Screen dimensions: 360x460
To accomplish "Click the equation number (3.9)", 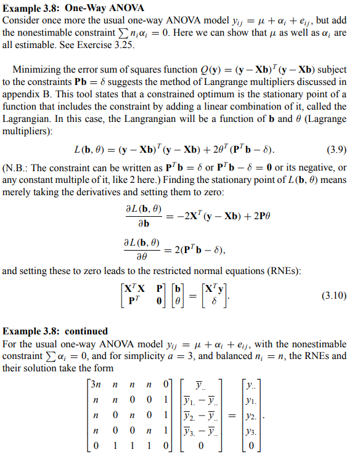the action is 333,149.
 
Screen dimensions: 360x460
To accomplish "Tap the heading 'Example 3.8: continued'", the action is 55,331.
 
